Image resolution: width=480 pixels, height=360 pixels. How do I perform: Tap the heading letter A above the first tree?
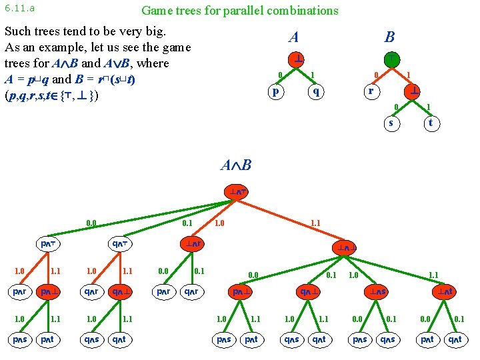[294, 37]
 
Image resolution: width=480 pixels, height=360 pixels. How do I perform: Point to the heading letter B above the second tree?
[390, 37]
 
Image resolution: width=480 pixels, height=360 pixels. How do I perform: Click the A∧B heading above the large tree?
[236, 165]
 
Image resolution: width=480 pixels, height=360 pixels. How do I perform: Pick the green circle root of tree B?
[392, 58]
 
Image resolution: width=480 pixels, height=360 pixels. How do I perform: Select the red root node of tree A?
[296, 58]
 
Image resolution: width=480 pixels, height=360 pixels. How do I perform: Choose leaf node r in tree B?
[372, 91]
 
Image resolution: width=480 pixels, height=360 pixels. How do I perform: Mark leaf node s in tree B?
[391, 123]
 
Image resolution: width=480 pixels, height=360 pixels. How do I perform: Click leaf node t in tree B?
[431, 123]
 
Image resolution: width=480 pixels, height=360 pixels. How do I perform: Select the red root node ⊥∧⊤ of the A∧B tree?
[237, 192]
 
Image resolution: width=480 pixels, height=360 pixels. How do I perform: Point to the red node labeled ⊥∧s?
[379, 292]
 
